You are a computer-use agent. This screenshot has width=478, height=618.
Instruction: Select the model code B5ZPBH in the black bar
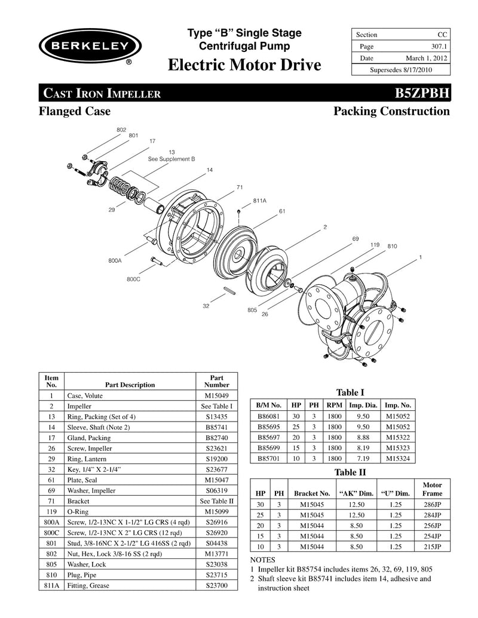(x=421, y=93)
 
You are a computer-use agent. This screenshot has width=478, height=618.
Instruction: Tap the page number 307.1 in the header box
(x=437, y=47)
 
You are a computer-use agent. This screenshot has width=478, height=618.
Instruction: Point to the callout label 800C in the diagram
(x=133, y=279)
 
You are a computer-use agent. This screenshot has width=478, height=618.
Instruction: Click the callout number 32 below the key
(x=206, y=306)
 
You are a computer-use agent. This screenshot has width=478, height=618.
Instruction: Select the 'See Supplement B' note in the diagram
(x=171, y=159)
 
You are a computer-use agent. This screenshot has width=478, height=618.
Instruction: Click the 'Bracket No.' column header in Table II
(x=312, y=493)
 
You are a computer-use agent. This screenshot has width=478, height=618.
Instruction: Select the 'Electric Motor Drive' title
(x=244, y=65)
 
